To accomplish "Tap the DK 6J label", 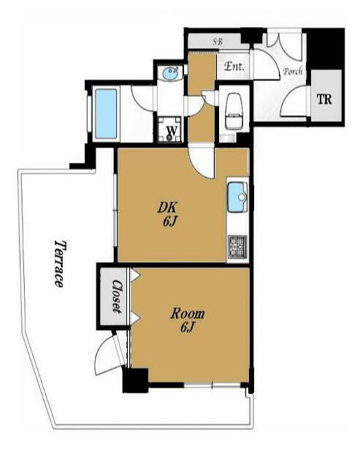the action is pyautogui.click(x=168, y=214).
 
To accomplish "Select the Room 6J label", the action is pyautogui.click(x=188, y=320).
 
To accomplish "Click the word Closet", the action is pyautogui.click(x=118, y=296).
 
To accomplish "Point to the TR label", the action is pyautogui.click(x=324, y=99).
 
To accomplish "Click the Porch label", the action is pyautogui.click(x=293, y=71).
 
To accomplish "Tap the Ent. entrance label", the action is pyautogui.click(x=234, y=66).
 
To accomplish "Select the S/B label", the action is pyautogui.click(x=217, y=42).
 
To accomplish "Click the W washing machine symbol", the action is pyautogui.click(x=172, y=130).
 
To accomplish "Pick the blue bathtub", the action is pyautogui.click(x=106, y=114).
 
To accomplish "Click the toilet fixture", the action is pyautogui.click(x=234, y=111).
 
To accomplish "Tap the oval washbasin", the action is pyautogui.click(x=171, y=73).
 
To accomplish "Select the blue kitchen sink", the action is pyautogui.click(x=237, y=197).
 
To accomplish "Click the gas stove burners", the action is pyautogui.click(x=237, y=246).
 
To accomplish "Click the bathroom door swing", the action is pyautogui.click(x=142, y=97).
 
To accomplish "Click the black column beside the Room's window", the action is pyautogui.click(x=135, y=380).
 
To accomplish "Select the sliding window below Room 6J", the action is pyautogui.click(x=212, y=385).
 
